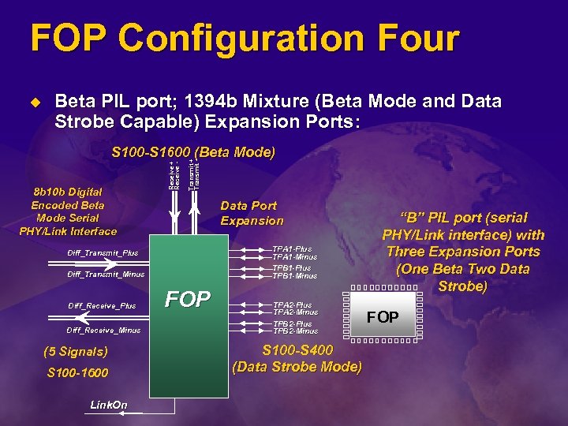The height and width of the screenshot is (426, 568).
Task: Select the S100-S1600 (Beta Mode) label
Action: (x=193, y=151)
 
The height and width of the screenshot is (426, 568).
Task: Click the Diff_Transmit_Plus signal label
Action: (x=103, y=253)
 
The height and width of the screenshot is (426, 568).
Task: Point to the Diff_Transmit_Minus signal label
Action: (x=106, y=275)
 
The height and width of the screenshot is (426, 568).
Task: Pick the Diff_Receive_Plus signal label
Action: (x=102, y=305)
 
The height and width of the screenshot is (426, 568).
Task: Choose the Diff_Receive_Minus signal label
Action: (x=103, y=330)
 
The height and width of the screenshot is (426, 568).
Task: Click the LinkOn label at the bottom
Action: (x=108, y=405)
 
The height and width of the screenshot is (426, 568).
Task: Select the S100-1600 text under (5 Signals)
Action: (x=77, y=372)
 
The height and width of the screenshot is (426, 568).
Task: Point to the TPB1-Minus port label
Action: (x=294, y=277)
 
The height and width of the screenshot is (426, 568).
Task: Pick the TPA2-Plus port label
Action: (x=292, y=305)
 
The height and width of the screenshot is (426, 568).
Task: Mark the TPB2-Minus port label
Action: (x=294, y=331)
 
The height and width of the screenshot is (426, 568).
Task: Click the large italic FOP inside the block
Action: (x=187, y=300)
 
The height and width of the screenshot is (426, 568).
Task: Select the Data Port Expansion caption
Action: (x=252, y=213)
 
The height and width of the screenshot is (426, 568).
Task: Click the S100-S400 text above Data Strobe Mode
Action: (x=297, y=350)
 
